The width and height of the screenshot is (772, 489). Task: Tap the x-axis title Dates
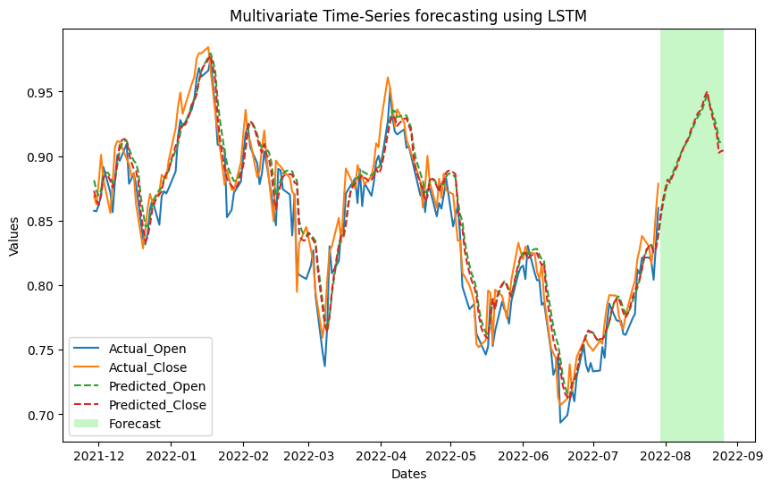point(408,474)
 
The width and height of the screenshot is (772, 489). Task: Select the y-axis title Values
point(14,235)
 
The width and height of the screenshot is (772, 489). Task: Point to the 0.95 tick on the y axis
point(44,92)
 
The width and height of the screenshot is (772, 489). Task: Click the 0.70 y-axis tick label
point(44,415)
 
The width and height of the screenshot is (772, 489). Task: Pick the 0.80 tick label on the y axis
point(44,286)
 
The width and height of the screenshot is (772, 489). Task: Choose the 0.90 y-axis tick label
point(44,156)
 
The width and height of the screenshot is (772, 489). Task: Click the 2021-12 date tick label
point(98,454)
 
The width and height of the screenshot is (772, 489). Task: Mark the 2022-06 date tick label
point(523,454)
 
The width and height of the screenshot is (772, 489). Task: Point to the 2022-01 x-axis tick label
point(171,454)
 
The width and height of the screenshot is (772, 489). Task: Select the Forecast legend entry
point(135,424)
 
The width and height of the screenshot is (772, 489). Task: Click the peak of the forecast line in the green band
point(707,92)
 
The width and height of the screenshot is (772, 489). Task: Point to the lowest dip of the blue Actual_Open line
point(560,422)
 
